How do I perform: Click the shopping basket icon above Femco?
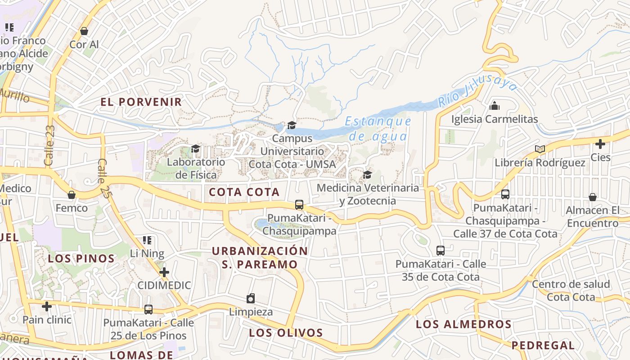[x=71, y=195]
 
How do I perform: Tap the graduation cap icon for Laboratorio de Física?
[x=195, y=148]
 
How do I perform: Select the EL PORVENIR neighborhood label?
[x=141, y=102]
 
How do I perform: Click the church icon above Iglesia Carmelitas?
[x=495, y=106]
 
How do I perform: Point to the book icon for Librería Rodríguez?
[x=540, y=149]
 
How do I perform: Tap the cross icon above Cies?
[x=600, y=144]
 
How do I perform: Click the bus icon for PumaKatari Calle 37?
[x=505, y=194]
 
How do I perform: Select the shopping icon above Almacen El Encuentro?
[x=593, y=197]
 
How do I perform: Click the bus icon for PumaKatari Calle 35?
[x=441, y=251]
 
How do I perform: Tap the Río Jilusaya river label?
[x=478, y=91]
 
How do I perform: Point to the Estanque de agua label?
[x=378, y=129]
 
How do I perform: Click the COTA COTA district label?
[x=244, y=192]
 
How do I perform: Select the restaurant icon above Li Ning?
[x=147, y=240]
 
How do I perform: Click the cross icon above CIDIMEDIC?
[x=164, y=272]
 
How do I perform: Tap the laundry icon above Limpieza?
[x=251, y=298]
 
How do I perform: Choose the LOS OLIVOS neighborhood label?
[x=286, y=333]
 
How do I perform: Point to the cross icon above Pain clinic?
[x=47, y=306]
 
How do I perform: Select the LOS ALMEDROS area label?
[x=463, y=324]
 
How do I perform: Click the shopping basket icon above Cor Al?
[x=84, y=31]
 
